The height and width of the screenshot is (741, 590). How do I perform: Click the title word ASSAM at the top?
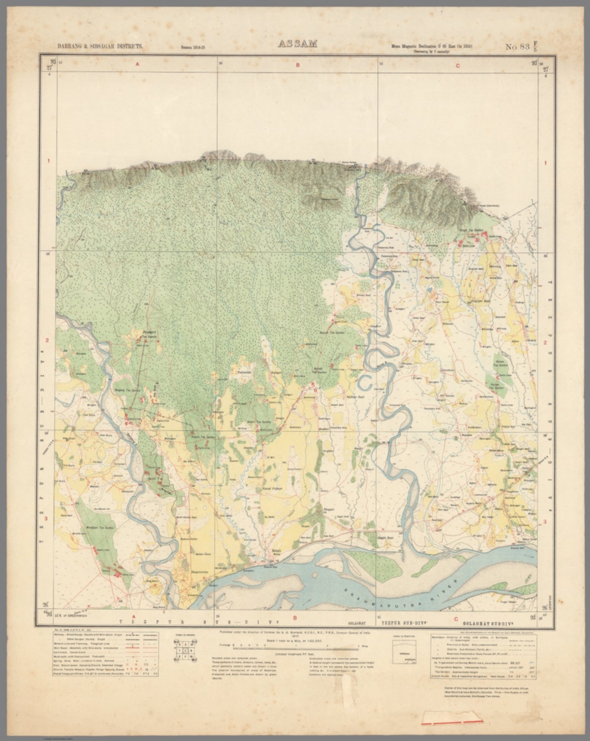click(x=297, y=44)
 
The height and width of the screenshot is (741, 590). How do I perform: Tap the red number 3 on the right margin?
click(x=545, y=521)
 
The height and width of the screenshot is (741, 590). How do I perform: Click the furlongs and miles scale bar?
click(x=297, y=645)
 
